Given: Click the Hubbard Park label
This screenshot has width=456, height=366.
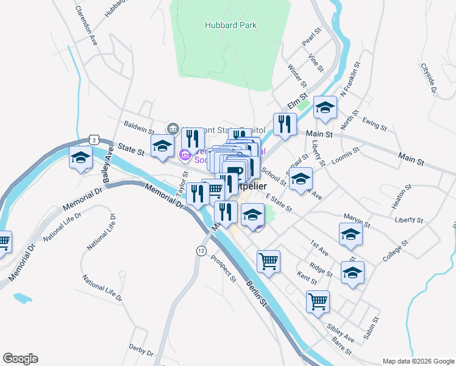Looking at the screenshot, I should point(230,25).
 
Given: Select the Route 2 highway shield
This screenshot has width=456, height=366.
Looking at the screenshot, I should point(94,140).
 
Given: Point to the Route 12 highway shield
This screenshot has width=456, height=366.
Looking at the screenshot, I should point(201,251).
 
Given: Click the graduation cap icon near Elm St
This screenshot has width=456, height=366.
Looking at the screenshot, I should point(325,109).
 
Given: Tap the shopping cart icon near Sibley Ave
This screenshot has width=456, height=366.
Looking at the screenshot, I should point(318,301).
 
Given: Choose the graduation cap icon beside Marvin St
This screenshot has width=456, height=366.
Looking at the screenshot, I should point(351,235).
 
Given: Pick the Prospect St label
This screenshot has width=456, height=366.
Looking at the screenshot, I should point(223,268).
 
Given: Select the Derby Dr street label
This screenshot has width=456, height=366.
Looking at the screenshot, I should point(141,350).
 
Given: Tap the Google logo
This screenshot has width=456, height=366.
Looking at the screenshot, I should point(20,359).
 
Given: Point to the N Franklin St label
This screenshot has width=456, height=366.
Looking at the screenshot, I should point(351,78).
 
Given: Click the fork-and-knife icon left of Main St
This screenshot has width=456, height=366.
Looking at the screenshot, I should point(285,125).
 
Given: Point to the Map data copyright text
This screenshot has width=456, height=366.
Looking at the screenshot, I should point(418,361).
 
